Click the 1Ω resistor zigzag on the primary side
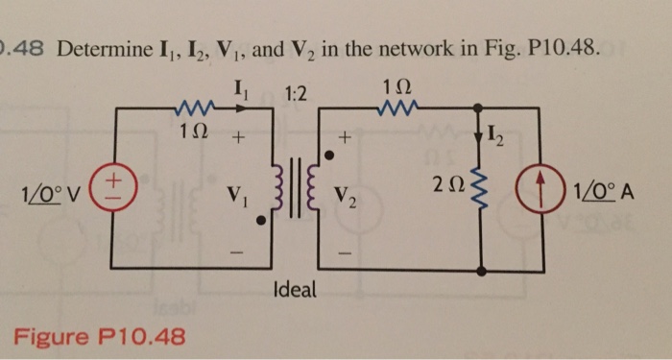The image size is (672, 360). coord(192,108)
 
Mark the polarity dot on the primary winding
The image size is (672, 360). coord(264,220)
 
